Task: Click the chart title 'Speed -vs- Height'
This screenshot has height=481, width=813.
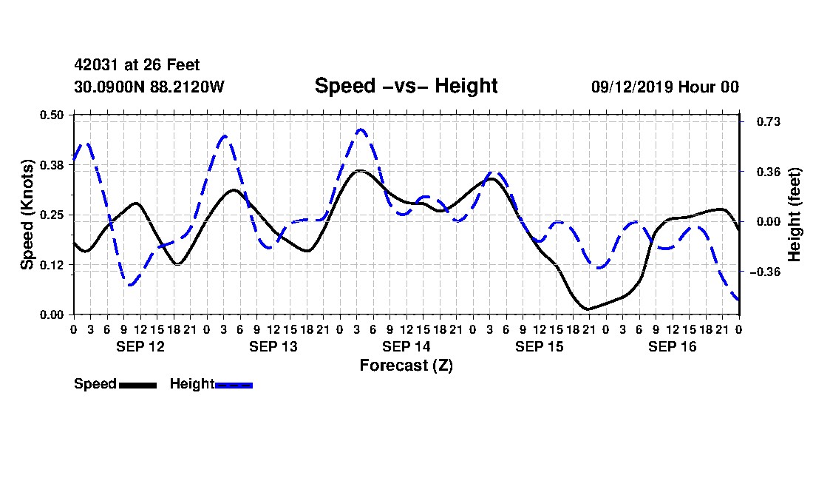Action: click(406, 86)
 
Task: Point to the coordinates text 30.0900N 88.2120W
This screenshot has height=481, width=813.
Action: click(149, 87)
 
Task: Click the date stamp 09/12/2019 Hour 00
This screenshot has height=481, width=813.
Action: click(665, 87)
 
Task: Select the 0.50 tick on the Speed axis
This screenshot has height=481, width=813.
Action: click(51, 115)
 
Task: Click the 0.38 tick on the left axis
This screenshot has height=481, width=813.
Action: click(51, 165)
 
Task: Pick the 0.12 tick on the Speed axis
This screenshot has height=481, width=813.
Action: click(51, 265)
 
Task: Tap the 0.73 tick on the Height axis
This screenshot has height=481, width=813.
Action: click(769, 121)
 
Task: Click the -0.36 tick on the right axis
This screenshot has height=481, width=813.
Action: click(765, 272)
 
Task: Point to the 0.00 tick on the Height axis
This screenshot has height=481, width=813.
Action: click(769, 221)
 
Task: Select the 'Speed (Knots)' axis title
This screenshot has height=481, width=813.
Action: click(27, 215)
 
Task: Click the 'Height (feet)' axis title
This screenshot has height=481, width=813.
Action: click(795, 215)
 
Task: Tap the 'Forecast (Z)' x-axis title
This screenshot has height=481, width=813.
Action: click(406, 366)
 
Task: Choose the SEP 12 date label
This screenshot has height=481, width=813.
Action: click(140, 346)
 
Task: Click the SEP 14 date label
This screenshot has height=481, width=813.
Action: click(406, 346)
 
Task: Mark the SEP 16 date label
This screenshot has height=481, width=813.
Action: click(672, 346)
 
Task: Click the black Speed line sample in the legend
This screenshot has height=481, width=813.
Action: click(137, 385)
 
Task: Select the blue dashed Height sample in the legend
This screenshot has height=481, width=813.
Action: click(234, 385)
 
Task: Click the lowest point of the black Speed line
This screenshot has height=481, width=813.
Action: click(588, 309)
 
